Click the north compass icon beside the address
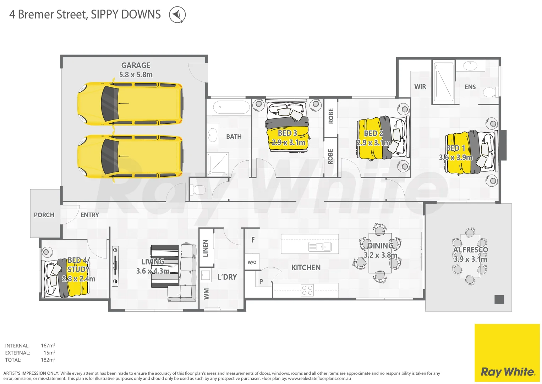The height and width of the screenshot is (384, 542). coord(177,15)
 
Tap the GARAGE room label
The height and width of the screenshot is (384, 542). coord(136,65)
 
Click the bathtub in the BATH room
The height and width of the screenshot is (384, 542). coord(231,107)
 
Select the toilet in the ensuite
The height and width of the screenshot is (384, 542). coord(491,92)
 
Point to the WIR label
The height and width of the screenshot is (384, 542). coord(420,87)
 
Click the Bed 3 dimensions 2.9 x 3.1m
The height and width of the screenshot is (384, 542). coord(288,143)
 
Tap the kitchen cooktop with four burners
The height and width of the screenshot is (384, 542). coord(307,290)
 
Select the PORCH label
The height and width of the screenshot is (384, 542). coord(44,215)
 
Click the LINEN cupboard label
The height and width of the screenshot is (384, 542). coord(206,248)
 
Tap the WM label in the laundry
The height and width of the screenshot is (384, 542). coord(206,294)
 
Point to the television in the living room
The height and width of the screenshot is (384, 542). coord(115,266)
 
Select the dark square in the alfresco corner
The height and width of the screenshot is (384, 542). coord(499,299)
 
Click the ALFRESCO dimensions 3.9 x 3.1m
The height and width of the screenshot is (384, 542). coord(470,259)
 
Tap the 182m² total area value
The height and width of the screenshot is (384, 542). coord(48,360)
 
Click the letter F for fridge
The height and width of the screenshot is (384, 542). coord(253,240)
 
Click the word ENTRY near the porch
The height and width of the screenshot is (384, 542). coord(89,215)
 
